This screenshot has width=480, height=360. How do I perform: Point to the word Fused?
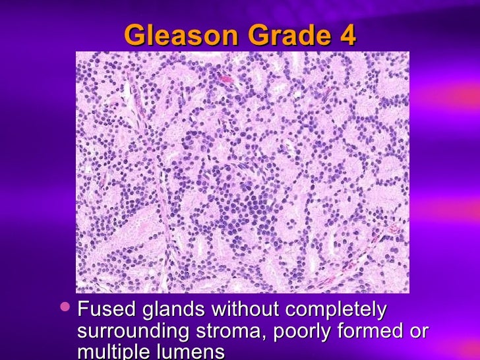pos(102,309)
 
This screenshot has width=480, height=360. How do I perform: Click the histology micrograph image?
pos(242,172)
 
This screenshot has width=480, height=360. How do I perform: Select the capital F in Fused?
pos(83,309)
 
